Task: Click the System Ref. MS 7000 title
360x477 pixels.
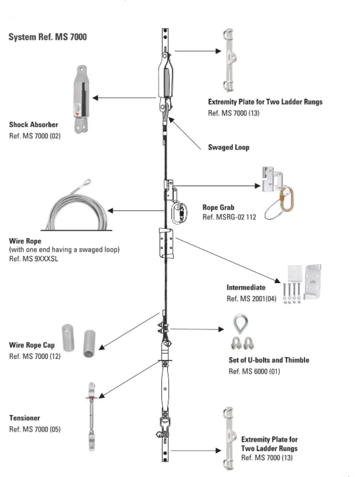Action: (48, 37)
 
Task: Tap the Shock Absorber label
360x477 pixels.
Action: (33, 125)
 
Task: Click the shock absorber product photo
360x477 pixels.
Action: (81, 99)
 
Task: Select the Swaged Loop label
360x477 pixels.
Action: (229, 147)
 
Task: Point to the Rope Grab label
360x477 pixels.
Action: (218, 207)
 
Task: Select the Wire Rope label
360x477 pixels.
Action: (25, 241)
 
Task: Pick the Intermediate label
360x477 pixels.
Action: (246, 287)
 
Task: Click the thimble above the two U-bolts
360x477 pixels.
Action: (241, 324)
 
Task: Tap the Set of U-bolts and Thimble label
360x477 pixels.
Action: (269, 360)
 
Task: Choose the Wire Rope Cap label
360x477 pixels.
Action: (32, 345)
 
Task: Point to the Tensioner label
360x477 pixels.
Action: (25, 418)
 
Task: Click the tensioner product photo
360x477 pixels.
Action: (91, 416)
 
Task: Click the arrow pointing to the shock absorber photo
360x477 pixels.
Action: (124, 98)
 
